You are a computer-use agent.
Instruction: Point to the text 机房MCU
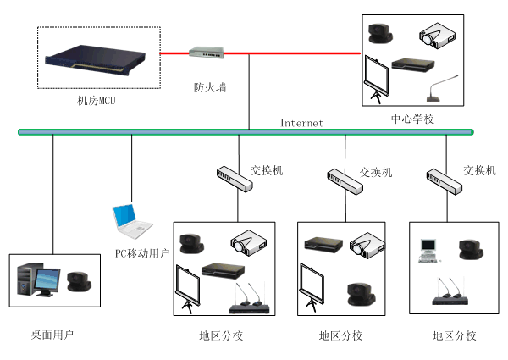click(95, 102)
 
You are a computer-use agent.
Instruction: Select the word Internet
click(302, 123)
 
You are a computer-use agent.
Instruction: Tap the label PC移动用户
click(142, 252)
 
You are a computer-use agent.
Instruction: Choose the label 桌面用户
click(52, 335)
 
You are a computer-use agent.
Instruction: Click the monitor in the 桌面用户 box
click(47, 279)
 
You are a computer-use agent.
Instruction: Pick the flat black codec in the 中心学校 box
click(411, 65)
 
